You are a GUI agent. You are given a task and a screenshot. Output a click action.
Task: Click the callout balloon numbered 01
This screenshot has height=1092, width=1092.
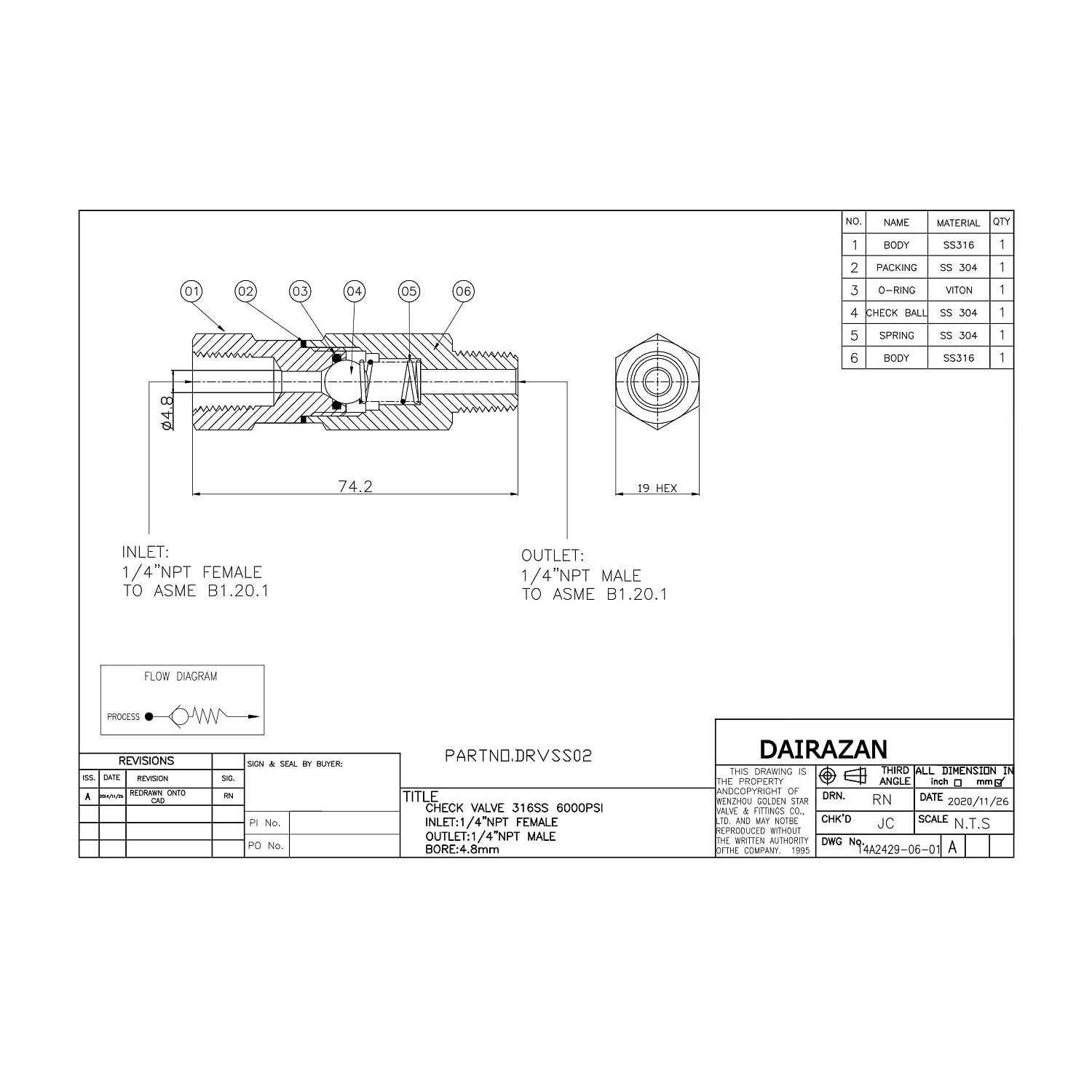(x=191, y=292)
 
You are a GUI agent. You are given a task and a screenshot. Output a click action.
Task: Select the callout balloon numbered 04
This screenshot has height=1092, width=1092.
(x=355, y=292)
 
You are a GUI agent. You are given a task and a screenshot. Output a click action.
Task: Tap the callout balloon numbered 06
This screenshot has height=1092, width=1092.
(x=464, y=292)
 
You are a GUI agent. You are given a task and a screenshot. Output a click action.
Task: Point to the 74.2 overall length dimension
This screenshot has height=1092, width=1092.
(x=355, y=486)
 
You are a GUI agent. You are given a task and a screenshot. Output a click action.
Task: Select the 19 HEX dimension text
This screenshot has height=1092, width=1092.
(x=657, y=488)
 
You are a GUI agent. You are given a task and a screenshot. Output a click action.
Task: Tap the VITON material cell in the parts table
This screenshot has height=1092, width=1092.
(x=958, y=290)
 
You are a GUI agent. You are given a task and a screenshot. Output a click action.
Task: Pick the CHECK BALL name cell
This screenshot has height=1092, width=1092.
(x=896, y=313)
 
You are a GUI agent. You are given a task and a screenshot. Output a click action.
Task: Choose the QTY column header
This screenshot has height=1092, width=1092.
(x=1002, y=222)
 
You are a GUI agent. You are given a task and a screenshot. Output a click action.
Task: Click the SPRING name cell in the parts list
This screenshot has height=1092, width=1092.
(x=896, y=336)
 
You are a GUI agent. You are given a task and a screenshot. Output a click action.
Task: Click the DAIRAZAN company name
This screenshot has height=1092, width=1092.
(x=823, y=749)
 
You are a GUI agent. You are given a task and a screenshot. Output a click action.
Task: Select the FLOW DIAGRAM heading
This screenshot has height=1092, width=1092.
(x=181, y=676)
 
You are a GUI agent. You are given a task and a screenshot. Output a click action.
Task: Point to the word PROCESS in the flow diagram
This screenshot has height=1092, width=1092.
(x=123, y=717)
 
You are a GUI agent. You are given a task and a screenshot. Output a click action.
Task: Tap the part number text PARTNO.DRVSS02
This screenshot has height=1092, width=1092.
(x=518, y=756)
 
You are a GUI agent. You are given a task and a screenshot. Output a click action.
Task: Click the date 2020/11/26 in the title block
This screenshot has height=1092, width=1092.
(x=978, y=801)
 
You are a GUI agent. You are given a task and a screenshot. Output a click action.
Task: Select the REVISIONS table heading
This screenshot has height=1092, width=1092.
(x=146, y=761)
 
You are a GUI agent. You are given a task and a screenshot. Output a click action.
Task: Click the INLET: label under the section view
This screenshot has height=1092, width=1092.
(x=146, y=553)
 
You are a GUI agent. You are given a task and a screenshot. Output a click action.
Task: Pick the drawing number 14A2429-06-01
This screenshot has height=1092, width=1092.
(x=899, y=849)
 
